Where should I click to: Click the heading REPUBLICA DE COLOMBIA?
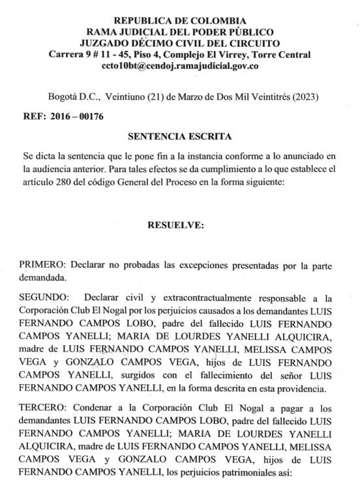[179, 22]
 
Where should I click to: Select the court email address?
[180, 66]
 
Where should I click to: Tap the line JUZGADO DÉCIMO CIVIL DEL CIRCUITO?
[179, 44]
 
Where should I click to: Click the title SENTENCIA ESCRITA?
[179, 138]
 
